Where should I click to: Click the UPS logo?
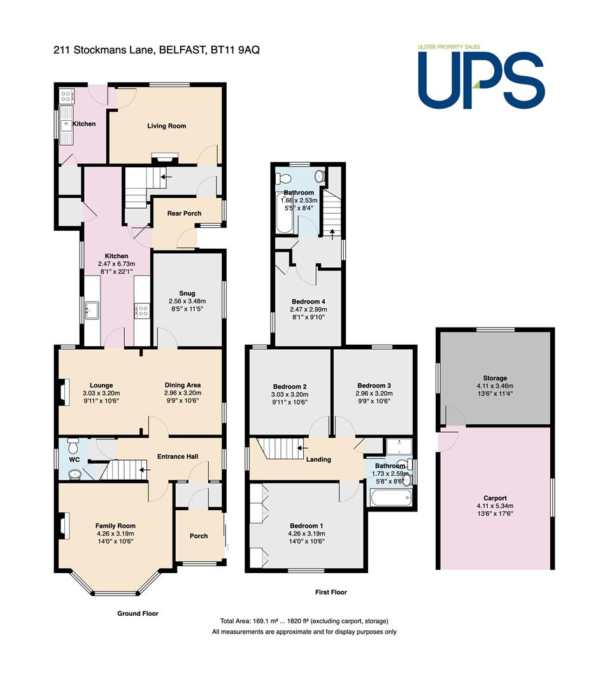coord(481,76)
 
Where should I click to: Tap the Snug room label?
coord(187,293)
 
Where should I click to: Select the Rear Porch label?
coord(184,213)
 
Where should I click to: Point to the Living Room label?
coord(166,126)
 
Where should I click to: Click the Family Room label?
coord(115,526)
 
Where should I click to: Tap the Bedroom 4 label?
coord(308,302)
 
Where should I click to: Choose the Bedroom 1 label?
coord(306,526)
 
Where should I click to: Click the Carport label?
coord(495,498)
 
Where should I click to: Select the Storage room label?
coord(495,378)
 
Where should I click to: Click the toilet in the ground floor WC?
coord(73,447)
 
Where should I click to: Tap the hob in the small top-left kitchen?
coord(67,95)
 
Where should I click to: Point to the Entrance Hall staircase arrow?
coord(145,469)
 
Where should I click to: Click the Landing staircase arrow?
coord(302,448)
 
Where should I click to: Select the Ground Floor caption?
coord(138,613)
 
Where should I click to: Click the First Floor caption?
coord(331,592)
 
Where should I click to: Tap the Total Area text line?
coord(304,621)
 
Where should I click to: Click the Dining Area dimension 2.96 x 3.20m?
coord(183,393)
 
